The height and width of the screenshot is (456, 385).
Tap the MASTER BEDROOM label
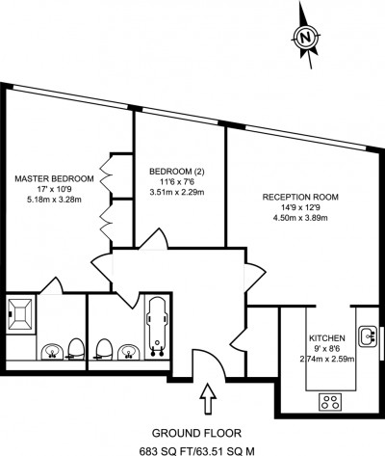[54, 179]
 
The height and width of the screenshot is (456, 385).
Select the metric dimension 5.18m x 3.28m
[54, 202]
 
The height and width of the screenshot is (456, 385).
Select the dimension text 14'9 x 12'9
[300, 207]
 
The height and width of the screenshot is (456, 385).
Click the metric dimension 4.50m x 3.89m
[300, 219]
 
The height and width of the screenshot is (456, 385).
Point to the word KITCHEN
[327, 338]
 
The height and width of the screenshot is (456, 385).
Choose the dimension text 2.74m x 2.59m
[327, 361]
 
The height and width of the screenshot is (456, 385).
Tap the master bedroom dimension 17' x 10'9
[54, 191]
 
